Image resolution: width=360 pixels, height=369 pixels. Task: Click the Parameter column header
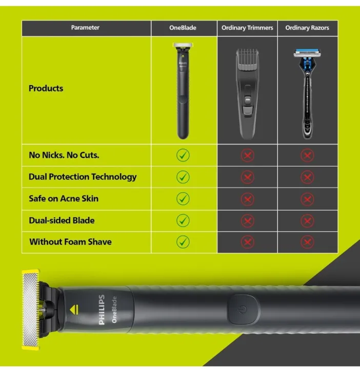85,28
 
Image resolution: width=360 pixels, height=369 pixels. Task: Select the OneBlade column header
183,28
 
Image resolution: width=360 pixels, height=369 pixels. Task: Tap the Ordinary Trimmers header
247,28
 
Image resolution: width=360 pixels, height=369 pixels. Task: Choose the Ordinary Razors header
307,28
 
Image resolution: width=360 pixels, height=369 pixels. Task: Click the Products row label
46,88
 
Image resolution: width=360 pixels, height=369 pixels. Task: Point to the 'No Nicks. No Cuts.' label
64,155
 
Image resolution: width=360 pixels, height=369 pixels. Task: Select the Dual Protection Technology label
82,177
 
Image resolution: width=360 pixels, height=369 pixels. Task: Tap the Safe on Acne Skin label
63,198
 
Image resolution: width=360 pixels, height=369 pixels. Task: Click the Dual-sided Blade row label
61,220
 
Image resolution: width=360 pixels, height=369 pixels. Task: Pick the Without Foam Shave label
70,242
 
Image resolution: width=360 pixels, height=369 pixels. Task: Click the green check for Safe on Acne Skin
183,199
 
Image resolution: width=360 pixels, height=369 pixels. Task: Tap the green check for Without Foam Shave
183,242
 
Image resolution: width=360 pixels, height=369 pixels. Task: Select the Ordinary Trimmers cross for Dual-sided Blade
247,220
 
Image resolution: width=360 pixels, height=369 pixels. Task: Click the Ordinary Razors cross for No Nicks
307,155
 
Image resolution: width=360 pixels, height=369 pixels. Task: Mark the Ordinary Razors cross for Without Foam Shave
307,242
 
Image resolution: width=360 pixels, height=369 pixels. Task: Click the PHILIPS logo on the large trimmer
101,309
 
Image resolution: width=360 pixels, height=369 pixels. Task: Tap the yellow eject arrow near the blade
74,309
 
